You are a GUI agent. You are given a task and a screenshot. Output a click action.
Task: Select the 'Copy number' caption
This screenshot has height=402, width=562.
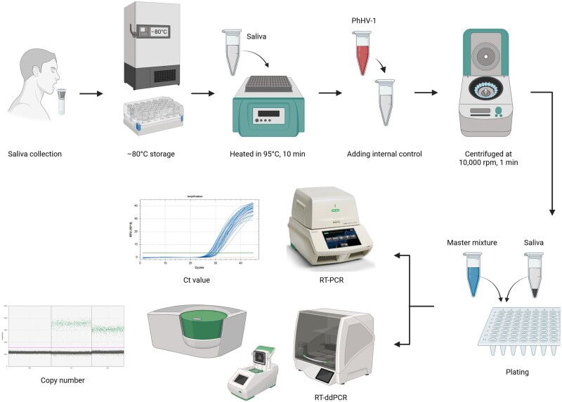click(63, 380)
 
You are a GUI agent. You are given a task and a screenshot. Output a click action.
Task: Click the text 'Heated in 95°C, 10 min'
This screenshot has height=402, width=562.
click(263, 152)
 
